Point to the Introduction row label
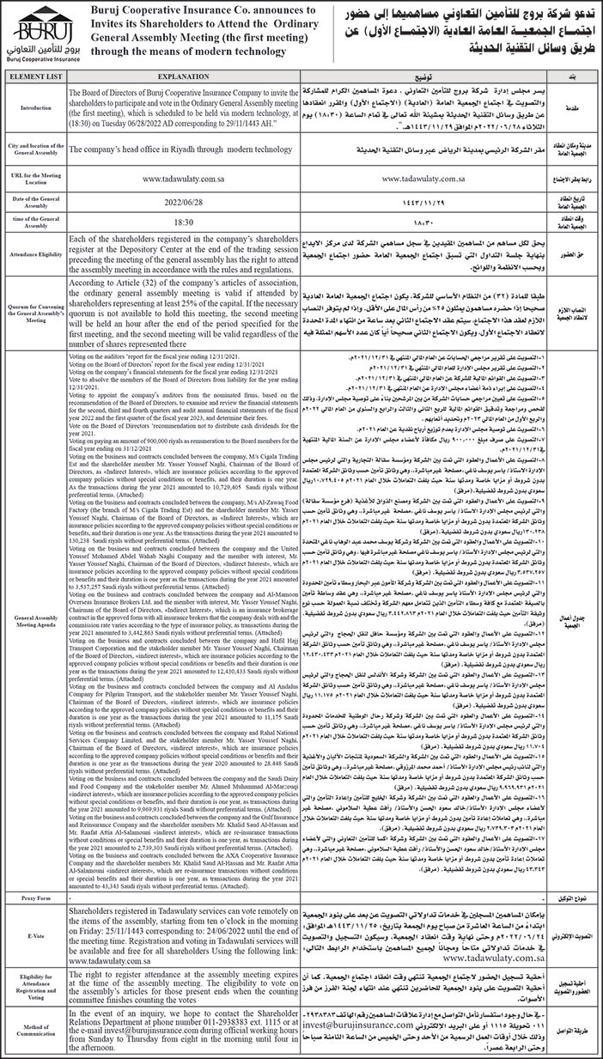(36, 133)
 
